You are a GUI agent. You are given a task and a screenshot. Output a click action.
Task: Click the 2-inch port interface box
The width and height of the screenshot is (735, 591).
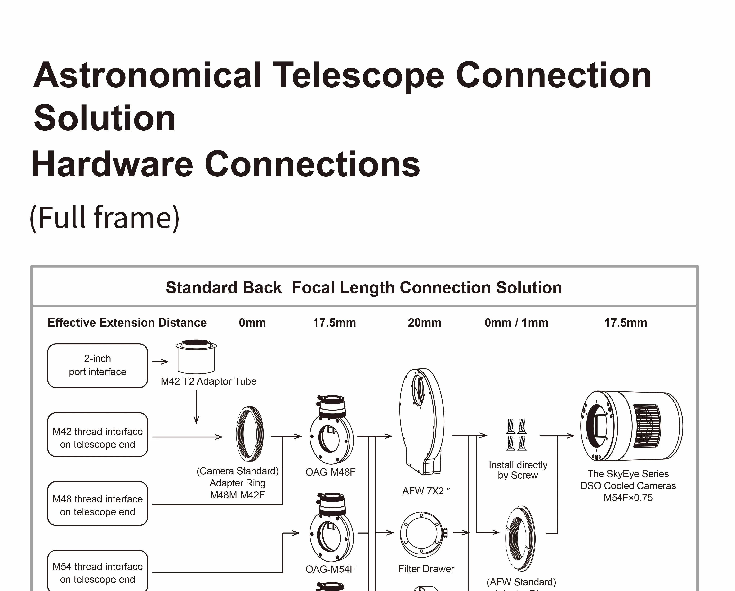coord(97,366)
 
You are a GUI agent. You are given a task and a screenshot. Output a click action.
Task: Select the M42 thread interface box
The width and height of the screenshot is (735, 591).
coord(97,435)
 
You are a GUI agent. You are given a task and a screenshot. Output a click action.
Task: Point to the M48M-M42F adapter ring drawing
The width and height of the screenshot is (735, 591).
coord(250,434)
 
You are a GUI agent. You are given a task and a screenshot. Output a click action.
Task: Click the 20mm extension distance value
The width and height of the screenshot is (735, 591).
coord(424,323)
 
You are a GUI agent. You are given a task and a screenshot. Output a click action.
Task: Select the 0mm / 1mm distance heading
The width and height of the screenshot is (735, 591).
coord(516,323)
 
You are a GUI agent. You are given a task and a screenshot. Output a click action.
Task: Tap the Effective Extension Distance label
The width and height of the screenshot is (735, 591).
coord(127,323)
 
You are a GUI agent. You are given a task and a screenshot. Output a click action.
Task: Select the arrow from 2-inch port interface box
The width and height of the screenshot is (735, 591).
coord(160,362)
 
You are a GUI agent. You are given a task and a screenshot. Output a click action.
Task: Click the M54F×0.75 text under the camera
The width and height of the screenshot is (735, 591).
coord(628,498)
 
